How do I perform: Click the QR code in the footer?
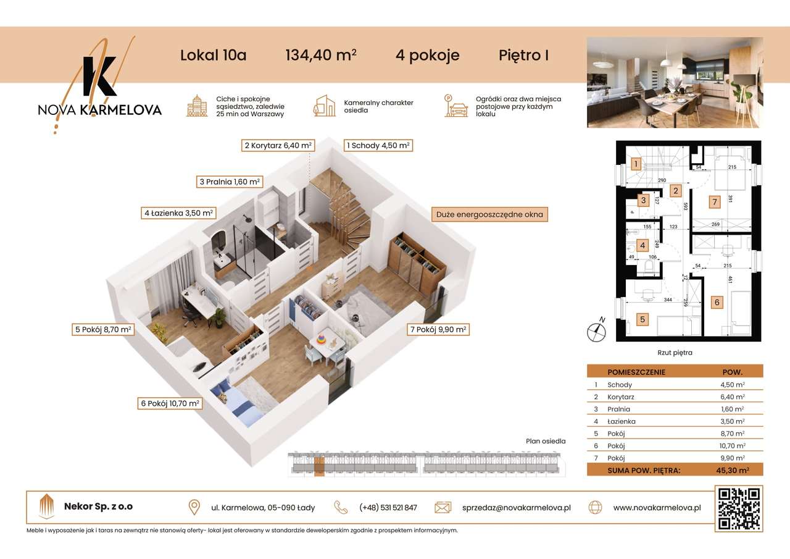click(739, 508)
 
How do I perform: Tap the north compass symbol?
click(596, 332)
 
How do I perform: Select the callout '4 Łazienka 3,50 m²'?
click(178, 213)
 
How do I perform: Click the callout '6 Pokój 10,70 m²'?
click(170, 403)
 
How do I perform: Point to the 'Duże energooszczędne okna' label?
click(489, 215)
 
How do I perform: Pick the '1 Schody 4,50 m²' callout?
click(378, 146)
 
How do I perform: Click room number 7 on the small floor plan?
click(714, 201)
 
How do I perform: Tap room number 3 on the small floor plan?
click(643, 200)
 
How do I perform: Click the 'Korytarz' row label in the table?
click(621, 397)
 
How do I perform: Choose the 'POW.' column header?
click(733, 372)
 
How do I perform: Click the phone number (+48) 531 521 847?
click(388, 508)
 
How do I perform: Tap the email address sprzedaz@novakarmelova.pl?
click(516, 508)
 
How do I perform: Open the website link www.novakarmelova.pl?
click(657, 508)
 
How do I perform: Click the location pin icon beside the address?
click(194, 508)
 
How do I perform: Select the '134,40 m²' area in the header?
click(320, 55)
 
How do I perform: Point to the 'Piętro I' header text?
click(523, 55)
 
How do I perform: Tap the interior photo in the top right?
click(675, 82)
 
